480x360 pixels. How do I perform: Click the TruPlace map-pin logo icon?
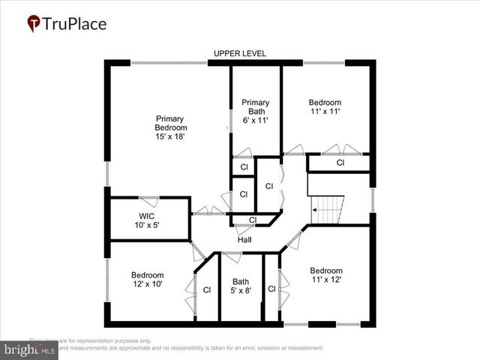point(34,24)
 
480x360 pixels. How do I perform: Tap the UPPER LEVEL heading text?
point(240,53)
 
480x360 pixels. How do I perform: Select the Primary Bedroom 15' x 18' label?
point(169,127)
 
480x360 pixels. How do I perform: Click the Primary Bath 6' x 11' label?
point(255,112)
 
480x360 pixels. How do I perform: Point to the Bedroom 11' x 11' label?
point(325,107)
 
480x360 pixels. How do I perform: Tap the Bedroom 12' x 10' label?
point(147,279)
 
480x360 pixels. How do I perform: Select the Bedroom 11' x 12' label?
point(326,275)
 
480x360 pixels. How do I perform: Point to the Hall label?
point(244,240)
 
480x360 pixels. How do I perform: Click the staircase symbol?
point(327,208)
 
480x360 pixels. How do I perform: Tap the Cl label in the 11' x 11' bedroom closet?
point(340,163)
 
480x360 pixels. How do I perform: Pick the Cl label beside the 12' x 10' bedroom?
point(206,289)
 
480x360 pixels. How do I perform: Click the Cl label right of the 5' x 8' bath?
point(271,289)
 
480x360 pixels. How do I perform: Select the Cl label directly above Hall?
point(252,220)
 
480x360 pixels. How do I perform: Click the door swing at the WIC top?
point(148,201)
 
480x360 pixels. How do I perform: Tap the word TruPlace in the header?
point(74,24)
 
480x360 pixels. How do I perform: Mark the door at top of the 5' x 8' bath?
point(231,257)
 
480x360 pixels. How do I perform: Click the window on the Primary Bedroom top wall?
point(169,62)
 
